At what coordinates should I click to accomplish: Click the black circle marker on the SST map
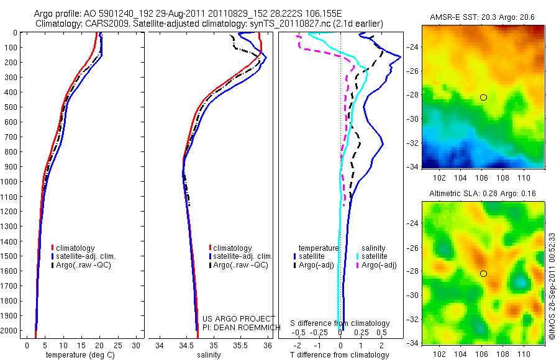pos(483,97)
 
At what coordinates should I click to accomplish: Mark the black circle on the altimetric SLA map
pos(483,274)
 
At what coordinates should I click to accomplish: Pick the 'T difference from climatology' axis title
pos(340,355)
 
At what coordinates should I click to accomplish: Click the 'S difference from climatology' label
pos(340,323)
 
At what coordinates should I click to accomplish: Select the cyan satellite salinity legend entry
pos(375,256)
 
